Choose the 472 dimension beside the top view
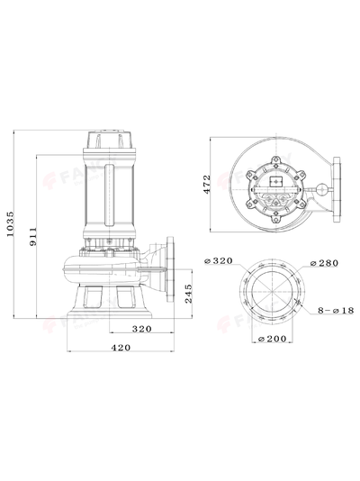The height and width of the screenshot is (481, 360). click(x=207, y=184)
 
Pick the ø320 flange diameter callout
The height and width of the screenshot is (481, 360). click(x=220, y=261)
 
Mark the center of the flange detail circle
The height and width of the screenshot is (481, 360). click(x=273, y=292)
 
